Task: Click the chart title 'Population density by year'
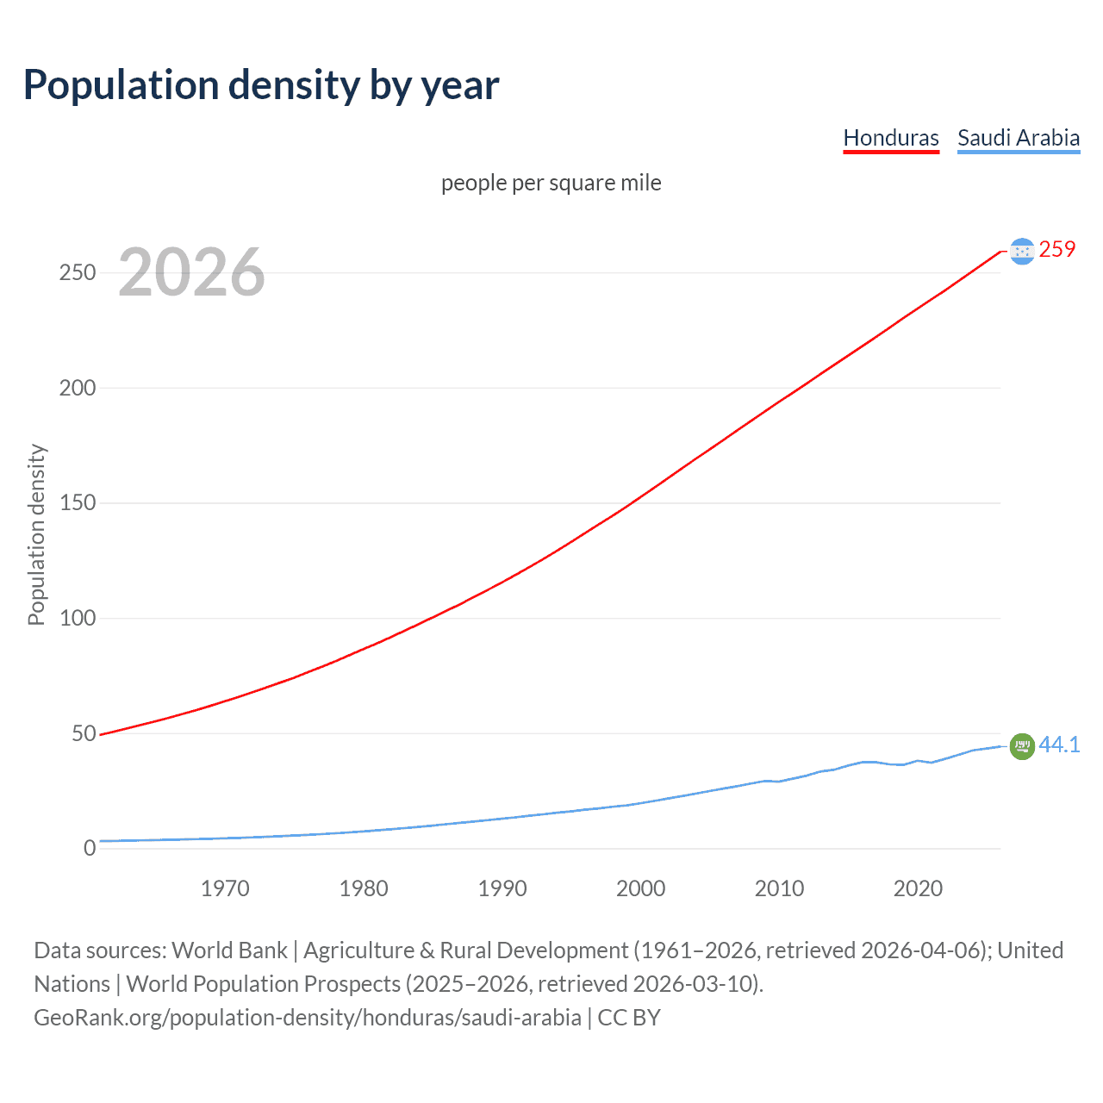[x=261, y=85]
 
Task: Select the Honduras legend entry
[x=890, y=138]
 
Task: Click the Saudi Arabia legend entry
[x=1018, y=138]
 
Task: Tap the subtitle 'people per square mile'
[x=551, y=184]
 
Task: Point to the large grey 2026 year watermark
[x=191, y=272]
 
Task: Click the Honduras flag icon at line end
[x=1021, y=251]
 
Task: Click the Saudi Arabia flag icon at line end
[x=1021, y=746]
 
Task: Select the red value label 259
[x=1056, y=250]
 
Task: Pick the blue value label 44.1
[x=1059, y=745]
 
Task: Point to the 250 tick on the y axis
[x=78, y=273]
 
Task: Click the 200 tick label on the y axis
[x=78, y=388]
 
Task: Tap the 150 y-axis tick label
[x=78, y=503]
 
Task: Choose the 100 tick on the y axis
[x=78, y=619]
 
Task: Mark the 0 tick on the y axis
[x=90, y=849]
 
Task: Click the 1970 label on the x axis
[x=225, y=888]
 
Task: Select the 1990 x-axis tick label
[x=502, y=888]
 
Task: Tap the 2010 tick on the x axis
[x=779, y=888]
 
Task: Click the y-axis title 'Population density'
[x=36, y=534]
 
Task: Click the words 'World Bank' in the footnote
[x=229, y=950]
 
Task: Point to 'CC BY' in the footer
[x=629, y=1018]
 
